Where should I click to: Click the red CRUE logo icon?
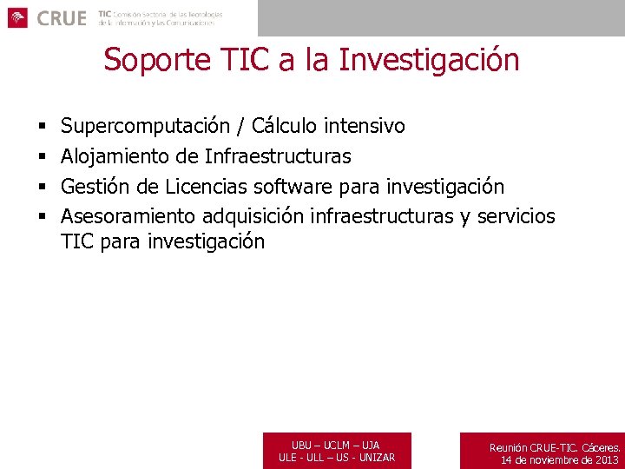(18, 17)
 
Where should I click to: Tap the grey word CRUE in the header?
(62, 18)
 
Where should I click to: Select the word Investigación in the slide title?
(431, 60)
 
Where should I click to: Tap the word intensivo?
(365, 127)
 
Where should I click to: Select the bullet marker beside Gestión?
(42, 188)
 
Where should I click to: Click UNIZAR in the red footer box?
(376, 458)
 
